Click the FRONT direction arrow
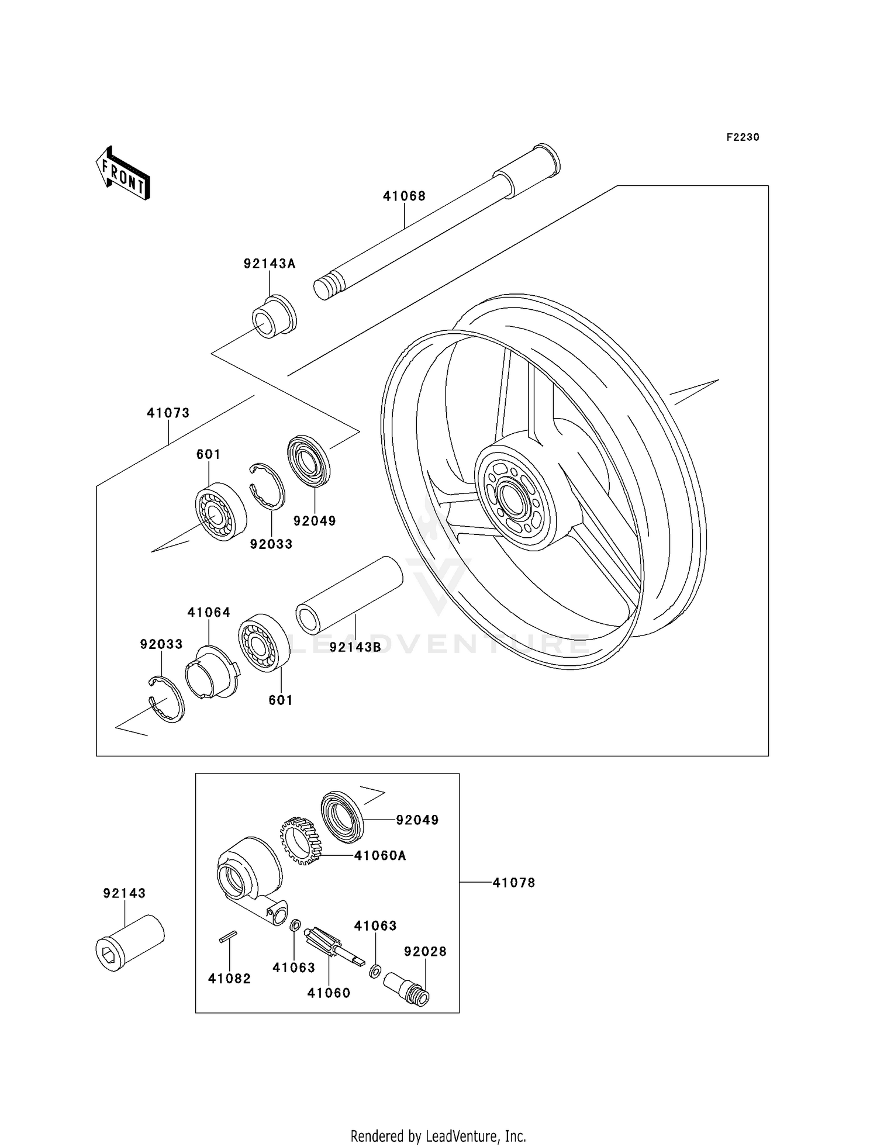point(123,174)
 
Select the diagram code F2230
point(743,137)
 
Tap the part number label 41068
point(404,196)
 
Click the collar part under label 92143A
point(274,318)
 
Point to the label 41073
point(168,413)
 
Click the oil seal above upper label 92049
point(309,461)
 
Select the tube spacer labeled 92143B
point(350,595)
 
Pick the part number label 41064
point(209,613)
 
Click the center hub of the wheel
point(513,497)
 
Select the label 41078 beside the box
point(513,883)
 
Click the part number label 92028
point(425,952)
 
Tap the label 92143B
point(355,647)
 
